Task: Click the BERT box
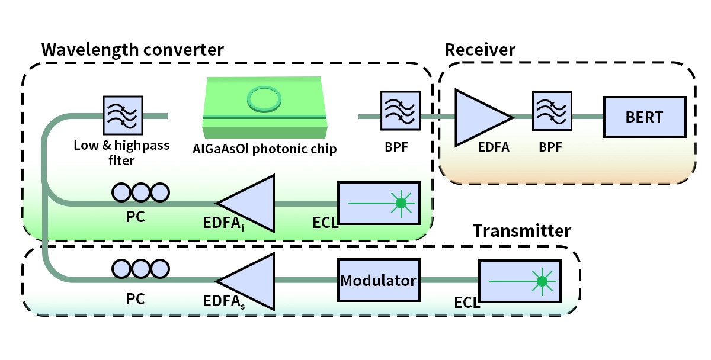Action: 644,117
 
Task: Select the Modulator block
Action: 379,280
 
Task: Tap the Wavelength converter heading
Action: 133,49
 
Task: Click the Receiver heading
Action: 480,49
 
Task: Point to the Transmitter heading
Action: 521,231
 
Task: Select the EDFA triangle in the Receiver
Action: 480,117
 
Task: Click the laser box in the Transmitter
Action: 520,281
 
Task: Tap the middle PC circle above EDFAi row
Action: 141,192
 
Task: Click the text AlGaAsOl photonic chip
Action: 265,149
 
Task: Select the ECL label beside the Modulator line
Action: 466,303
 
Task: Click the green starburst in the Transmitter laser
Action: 540,281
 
